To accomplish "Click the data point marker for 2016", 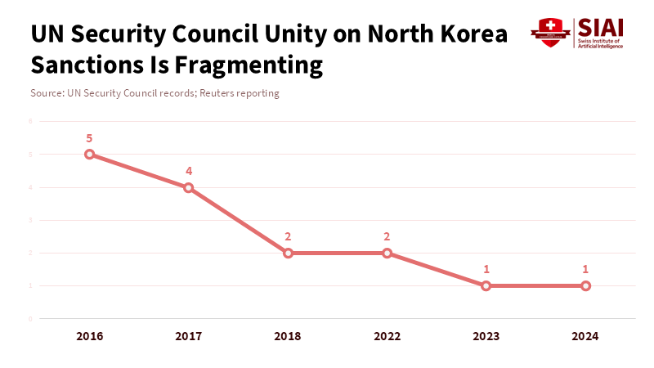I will (x=90, y=155).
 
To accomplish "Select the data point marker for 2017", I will (x=189, y=187).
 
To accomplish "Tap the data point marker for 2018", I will (x=288, y=253).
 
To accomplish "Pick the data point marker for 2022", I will (x=387, y=253).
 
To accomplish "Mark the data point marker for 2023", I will (x=486, y=285).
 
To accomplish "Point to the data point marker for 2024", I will (x=586, y=285).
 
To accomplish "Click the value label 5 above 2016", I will (x=90, y=138).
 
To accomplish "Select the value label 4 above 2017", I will (x=189, y=171).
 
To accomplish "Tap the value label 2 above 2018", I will (x=288, y=236).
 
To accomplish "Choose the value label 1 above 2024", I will (x=586, y=269).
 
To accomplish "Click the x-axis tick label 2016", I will (x=90, y=336).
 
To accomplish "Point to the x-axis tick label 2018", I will (x=288, y=336).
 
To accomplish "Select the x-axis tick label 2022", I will (x=387, y=336).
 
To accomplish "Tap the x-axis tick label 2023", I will (x=486, y=336).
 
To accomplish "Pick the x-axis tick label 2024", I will (x=586, y=336).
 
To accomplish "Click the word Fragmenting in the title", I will (x=249, y=65).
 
